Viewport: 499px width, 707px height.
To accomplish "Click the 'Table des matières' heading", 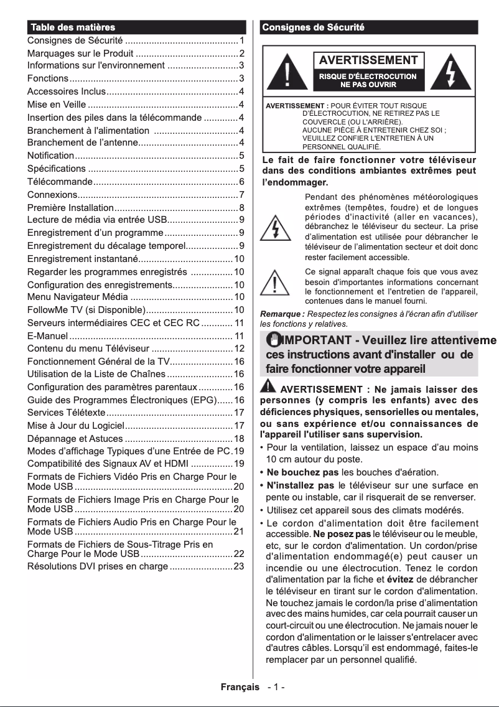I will [73, 27].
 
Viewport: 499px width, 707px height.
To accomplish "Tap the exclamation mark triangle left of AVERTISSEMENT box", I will [286, 73].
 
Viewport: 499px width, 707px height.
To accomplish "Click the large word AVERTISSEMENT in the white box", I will [368, 60].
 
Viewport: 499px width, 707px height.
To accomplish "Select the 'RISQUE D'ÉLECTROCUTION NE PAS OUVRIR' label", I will [368, 80].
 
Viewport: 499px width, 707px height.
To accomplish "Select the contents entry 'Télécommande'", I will [60, 182].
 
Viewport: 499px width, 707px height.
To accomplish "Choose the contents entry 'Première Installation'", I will [70, 207].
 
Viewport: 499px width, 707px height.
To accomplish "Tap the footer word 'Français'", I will [240, 687].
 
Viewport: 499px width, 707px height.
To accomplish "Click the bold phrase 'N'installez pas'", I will [301, 485].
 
